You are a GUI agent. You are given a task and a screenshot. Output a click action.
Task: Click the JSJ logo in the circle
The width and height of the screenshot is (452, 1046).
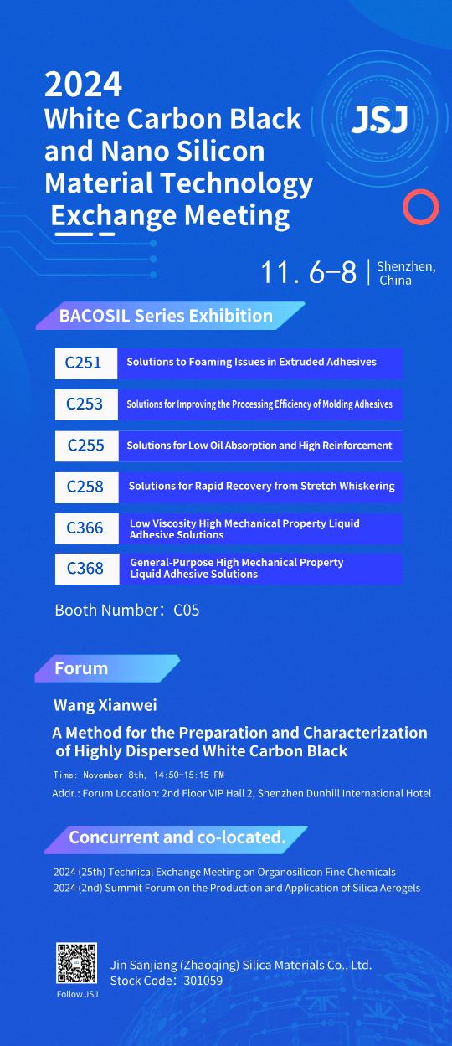(380, 120)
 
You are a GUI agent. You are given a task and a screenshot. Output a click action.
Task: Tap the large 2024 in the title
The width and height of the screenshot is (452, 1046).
(83, 85)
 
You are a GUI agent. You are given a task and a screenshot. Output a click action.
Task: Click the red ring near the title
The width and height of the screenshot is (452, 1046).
(421, 207)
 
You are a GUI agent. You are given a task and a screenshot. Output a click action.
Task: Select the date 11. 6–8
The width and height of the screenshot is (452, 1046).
(309, 272)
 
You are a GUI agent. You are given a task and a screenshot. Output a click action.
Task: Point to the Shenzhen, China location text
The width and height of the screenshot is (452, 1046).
(406, 273)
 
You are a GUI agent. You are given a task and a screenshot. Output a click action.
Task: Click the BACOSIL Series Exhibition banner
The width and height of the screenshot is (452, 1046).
(171, 316)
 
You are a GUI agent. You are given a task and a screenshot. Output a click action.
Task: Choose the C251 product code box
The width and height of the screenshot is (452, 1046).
(86, 363)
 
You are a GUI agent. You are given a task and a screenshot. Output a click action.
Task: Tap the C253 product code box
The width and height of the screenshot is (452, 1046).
(86, 404)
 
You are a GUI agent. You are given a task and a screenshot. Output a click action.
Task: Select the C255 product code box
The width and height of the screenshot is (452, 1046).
(87, 446)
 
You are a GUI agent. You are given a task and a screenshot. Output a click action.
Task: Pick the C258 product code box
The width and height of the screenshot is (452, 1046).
(87, 487)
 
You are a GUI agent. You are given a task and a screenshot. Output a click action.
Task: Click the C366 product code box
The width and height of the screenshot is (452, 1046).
(87, 528)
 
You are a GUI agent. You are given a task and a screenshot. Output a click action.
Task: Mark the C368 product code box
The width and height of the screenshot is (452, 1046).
(87, 569)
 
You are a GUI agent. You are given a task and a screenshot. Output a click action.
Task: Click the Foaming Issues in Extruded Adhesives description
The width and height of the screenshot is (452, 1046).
(251, 362)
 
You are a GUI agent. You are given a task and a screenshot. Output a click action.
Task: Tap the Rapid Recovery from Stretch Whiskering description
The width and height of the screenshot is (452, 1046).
(261, 486)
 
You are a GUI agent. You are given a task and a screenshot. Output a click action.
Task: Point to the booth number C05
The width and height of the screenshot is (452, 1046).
(187, 611)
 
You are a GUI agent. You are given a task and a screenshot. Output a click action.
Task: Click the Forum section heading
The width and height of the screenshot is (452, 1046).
(81, 668)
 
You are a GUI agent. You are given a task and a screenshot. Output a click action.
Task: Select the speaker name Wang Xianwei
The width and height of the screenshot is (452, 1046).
(105, 705)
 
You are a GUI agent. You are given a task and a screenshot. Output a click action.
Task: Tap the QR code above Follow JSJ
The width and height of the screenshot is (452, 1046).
(76, 963)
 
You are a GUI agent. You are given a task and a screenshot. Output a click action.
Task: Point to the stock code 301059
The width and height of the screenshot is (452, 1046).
(203, 981)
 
